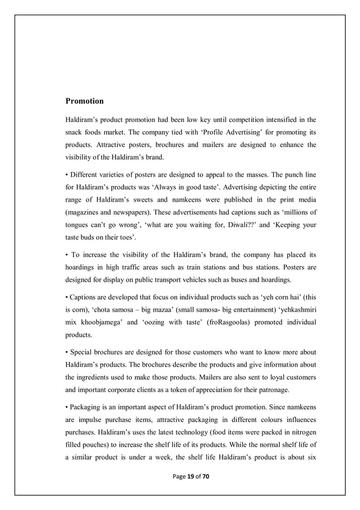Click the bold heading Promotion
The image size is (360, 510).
point(85,102)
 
